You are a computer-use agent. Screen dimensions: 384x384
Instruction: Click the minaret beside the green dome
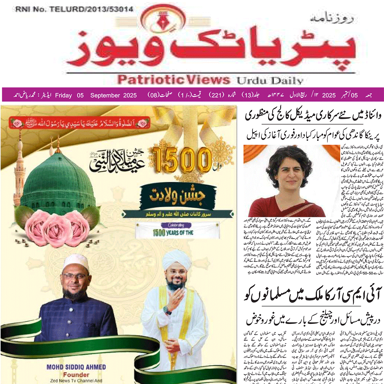pyautogui.click(x=20, y=167)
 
